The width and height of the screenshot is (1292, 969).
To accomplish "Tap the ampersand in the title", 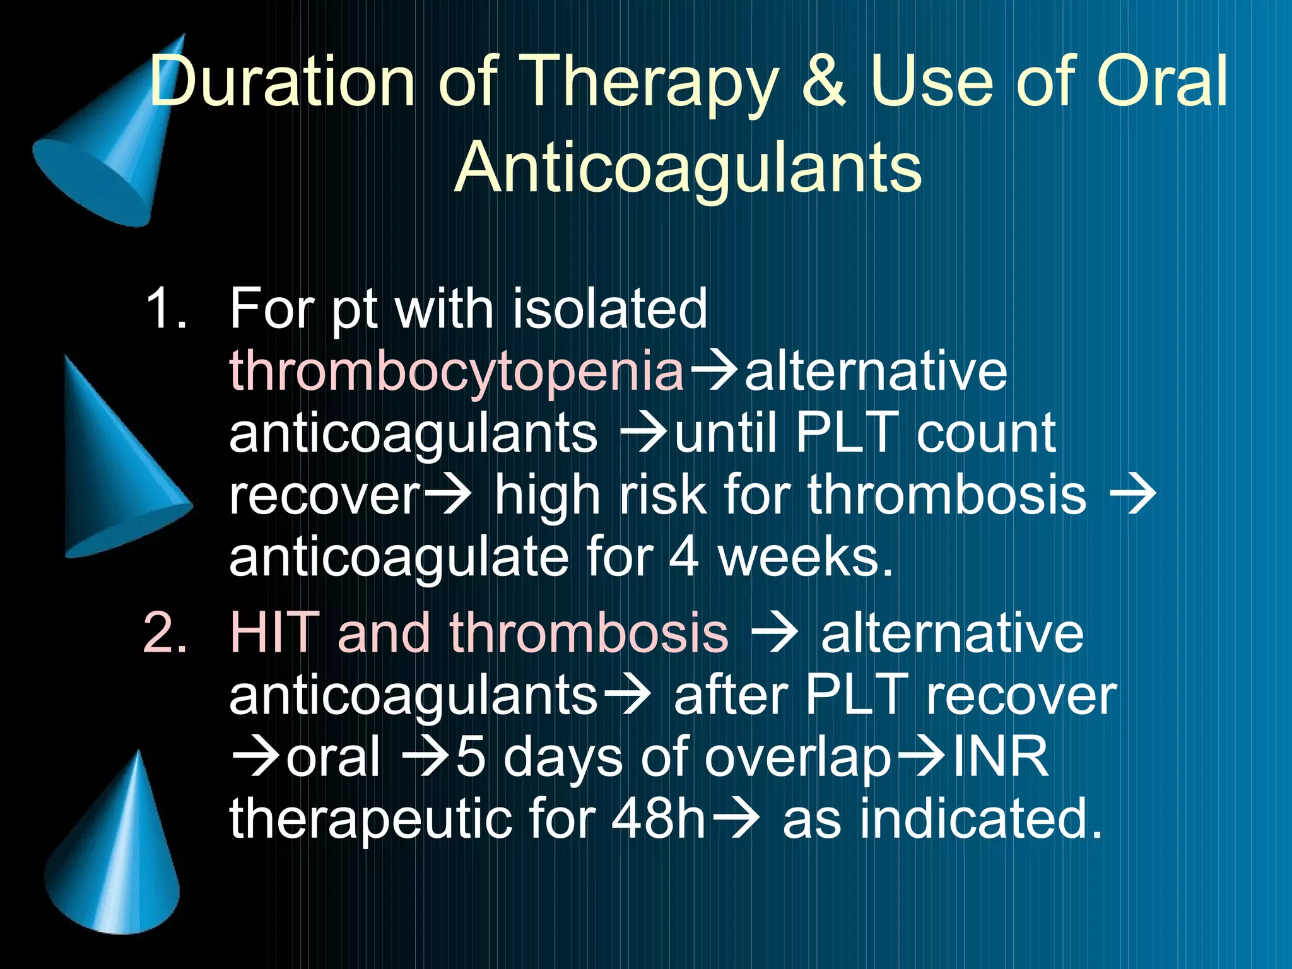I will (x=823, y=81).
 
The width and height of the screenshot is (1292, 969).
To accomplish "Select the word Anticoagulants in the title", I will (x=688, y=167).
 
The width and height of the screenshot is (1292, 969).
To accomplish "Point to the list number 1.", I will (x=166, y=308).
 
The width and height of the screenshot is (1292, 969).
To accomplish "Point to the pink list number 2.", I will (x=165, y=633).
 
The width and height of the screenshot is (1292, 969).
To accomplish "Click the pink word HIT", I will (x=275, y=633).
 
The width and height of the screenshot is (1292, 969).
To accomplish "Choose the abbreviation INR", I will (x=1001, y=756).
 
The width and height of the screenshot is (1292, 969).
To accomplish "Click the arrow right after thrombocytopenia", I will (x=715, y=372).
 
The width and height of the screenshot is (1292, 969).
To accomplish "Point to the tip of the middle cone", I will (x=67, y=358).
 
